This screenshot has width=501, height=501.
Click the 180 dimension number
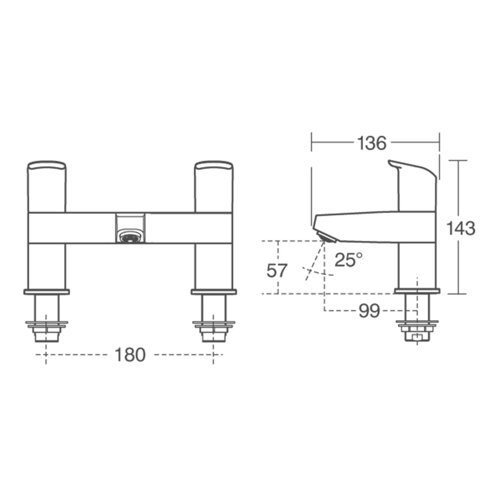coord(130,355)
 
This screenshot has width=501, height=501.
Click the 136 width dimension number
coord(371,143)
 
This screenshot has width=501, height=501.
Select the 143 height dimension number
coord(461,229)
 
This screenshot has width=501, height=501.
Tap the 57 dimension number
coord(277,271)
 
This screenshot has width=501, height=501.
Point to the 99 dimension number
coord(369,311)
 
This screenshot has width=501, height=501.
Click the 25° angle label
coord(348,260)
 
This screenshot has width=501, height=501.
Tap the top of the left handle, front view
coord(46,165)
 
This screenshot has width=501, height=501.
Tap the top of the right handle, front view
coord(214,165)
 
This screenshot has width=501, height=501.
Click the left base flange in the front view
coord(46,292)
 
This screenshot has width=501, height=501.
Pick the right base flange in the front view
coord(214,292)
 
